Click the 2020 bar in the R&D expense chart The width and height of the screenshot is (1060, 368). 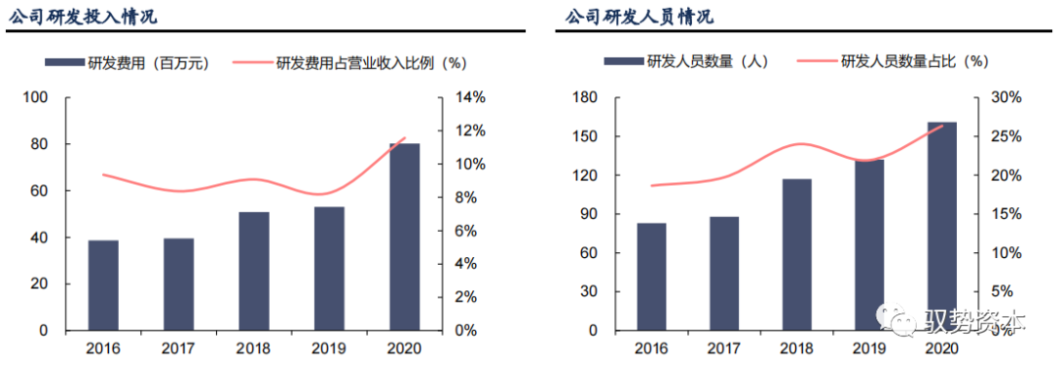tap(403, 237)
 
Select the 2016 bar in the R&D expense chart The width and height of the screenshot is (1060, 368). tap(103, 286)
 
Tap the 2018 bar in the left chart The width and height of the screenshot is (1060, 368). tap(253, 271)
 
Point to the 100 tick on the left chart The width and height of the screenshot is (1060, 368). tap(36, 98)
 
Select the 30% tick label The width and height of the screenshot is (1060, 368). tap(1006, 98)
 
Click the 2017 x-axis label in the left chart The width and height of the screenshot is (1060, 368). tap(178, 349)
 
